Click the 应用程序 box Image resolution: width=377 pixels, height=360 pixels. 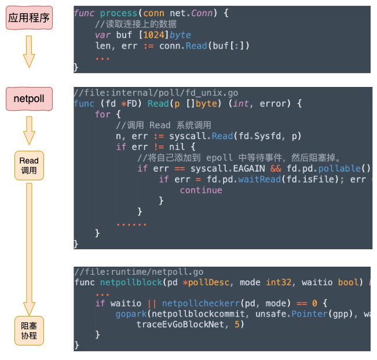(29, 18)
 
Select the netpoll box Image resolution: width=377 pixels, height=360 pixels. (29, 99)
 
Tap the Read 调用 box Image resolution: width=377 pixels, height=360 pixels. (29, 165)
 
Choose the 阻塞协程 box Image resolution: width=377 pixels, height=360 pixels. (29, 330)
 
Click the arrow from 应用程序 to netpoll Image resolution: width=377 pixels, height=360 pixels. (29, 52)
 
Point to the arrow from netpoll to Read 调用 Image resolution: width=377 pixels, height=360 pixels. (29, 130)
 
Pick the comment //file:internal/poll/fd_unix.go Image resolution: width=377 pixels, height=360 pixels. (156, 93)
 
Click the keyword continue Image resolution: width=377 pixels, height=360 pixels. (200, 190)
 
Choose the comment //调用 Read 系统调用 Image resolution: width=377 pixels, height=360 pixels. (164, 125)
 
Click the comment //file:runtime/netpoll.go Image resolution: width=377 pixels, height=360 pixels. (138, 272)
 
